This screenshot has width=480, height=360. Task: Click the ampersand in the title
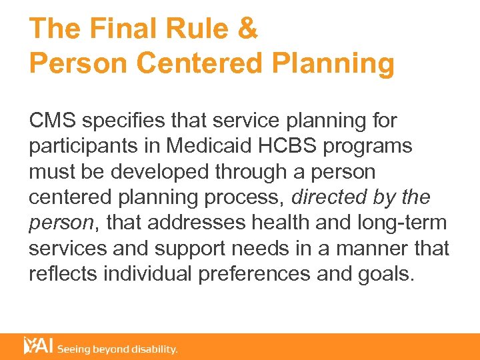247,29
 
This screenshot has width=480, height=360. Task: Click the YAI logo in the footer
38,346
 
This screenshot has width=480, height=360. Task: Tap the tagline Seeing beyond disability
117,349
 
